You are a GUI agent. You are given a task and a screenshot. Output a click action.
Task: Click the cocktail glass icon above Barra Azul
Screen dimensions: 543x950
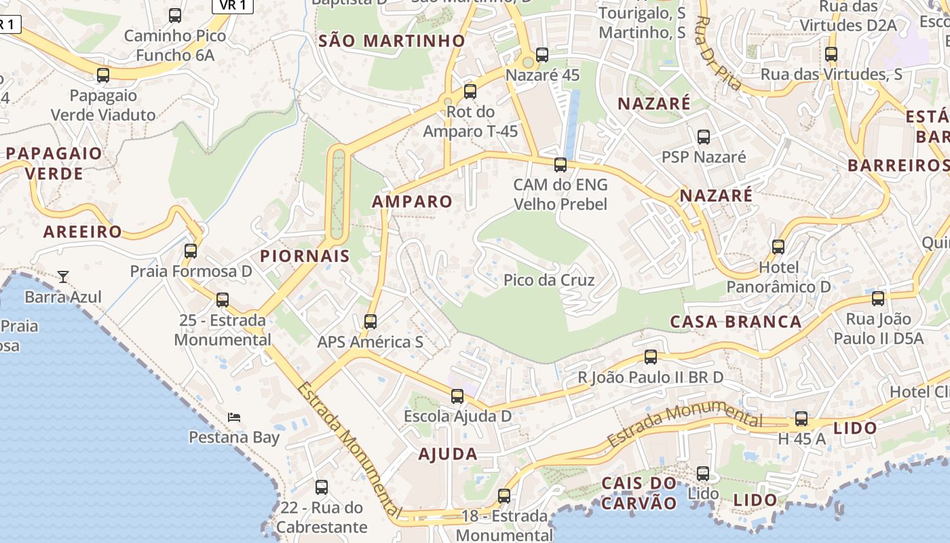[x=63, y=276]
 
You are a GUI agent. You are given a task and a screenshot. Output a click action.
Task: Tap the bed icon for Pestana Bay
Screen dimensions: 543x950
[x=234, y=417]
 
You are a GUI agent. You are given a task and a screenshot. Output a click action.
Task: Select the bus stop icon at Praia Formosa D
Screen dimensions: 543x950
[x=191, y=250]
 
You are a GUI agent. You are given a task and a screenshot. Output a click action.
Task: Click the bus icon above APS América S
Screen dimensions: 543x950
[x=370, y=321]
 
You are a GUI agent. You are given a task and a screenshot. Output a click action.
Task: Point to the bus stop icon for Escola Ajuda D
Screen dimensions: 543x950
[x=457, y=396]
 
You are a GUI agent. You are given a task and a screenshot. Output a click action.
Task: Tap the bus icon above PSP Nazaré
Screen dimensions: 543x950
[x=704, y=137]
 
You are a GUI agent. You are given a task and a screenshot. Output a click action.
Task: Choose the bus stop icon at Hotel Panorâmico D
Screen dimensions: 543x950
[x=778, y=247]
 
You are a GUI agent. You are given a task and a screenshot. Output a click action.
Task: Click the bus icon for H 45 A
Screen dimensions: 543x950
[x=801, y=419]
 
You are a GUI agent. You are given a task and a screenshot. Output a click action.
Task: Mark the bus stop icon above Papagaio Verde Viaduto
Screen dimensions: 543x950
[x=103, y=75]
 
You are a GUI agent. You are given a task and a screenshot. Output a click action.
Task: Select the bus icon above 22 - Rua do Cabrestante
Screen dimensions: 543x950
[x=322, y=487]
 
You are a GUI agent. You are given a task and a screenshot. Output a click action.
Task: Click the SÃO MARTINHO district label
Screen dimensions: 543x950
[x=392, y=41]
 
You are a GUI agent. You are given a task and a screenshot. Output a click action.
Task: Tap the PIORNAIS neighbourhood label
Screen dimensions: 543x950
[x=305, y=256]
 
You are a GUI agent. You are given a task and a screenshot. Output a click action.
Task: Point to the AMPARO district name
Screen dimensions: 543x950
[x=412, y=201]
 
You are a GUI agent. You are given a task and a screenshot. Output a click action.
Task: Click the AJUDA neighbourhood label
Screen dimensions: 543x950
[x=448, y=454]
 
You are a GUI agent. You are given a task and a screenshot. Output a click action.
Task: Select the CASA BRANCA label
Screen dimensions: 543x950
[x=736, y=322]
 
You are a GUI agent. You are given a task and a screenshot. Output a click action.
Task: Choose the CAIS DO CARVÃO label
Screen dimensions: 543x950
[x=639, y=493]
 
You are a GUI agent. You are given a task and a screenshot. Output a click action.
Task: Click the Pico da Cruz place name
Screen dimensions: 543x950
[x=549, y=280]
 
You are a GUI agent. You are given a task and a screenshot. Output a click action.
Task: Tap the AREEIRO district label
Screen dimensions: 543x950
[x=83, y=231]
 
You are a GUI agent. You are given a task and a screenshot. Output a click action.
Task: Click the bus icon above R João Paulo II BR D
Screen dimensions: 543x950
[x=651, y=356]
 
